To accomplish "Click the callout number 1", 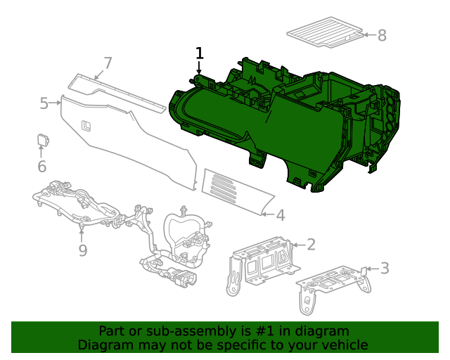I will (200, 53).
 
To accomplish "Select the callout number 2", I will (311, 245).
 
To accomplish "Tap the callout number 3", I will (384, 268).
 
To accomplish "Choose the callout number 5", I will (44, 104).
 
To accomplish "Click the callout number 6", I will (41, 167).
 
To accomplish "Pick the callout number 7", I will (108, 63).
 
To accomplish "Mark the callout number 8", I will (382, 35).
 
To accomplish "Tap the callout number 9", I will (82, 250).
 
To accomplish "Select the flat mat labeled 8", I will (324, 34).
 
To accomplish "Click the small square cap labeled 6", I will (42, 139).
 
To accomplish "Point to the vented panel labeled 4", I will (232, 191).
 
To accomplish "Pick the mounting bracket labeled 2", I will (260, 264).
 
